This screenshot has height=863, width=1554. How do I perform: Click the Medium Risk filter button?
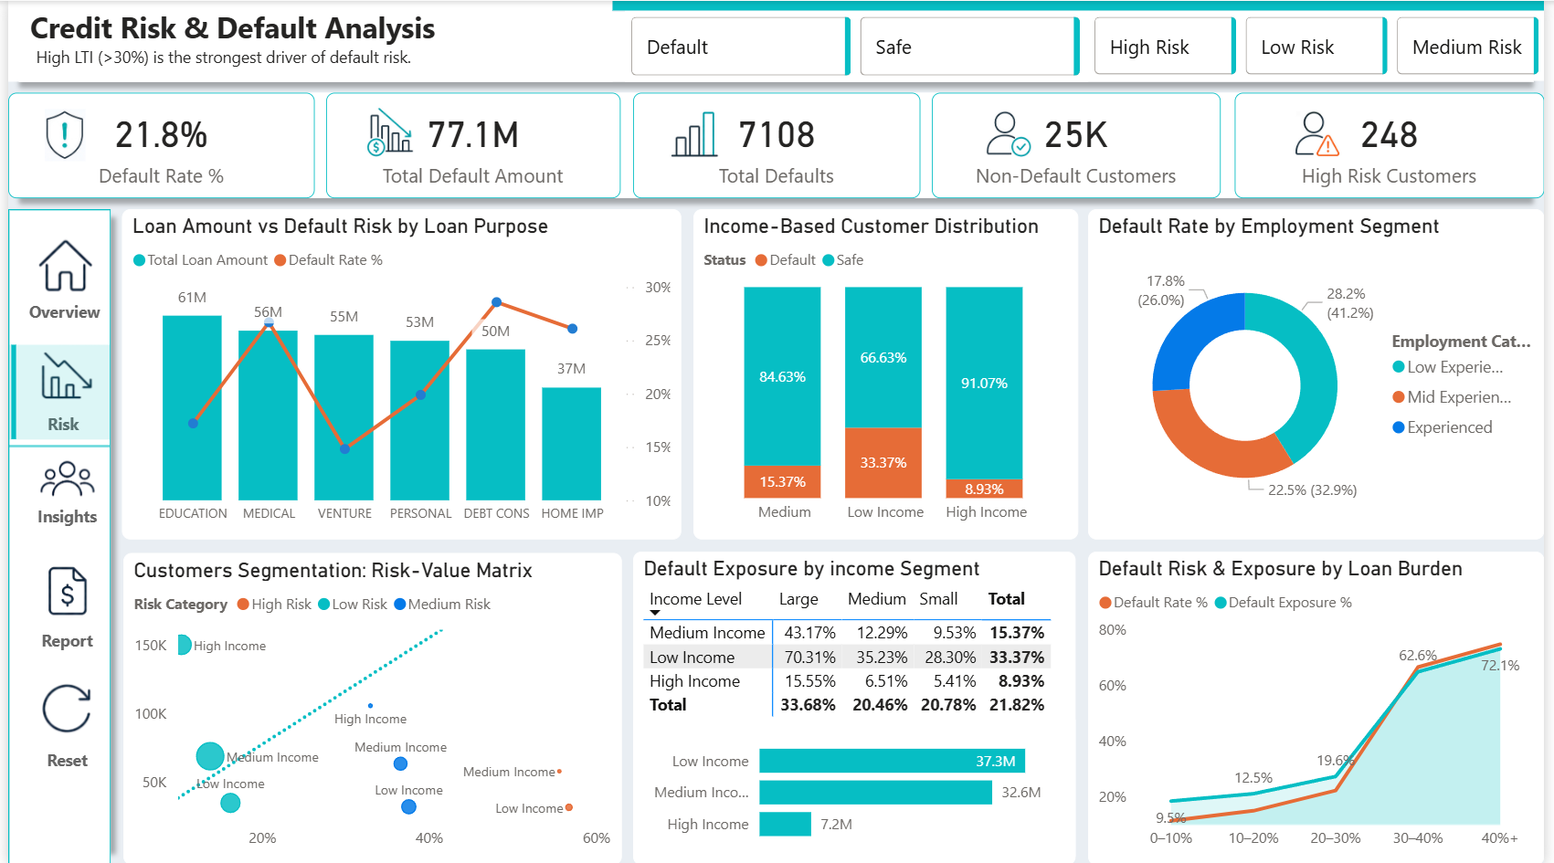click(1466, 47)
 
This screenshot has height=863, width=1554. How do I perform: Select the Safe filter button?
click(969, 47)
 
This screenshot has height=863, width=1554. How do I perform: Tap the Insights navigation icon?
click(67, 479)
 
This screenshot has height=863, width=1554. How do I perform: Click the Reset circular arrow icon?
click(67, 709)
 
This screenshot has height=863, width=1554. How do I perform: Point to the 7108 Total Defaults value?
click(777, 134)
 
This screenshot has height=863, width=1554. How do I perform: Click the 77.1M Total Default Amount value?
click(473, 134)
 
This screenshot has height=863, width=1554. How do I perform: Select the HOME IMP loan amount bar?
click(571, 443)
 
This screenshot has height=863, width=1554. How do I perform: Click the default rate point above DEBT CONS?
click(496, 301)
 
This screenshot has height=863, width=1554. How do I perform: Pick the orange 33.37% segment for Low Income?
click(883, 463)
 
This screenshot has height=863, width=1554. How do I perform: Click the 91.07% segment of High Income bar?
click(984, 383)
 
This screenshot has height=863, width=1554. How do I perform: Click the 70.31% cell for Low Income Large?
click(809, 657)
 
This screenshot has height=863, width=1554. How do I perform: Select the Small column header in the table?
click(938, 599)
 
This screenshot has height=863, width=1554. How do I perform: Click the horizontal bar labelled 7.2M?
click(785, 824)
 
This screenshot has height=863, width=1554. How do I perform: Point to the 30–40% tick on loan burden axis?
click(1417, 838)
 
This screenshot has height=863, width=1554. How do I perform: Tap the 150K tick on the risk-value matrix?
click(151, 645)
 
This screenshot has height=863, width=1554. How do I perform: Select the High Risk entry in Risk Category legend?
click(274, 605)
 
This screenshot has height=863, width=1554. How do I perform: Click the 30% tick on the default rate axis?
click(658, 287)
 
